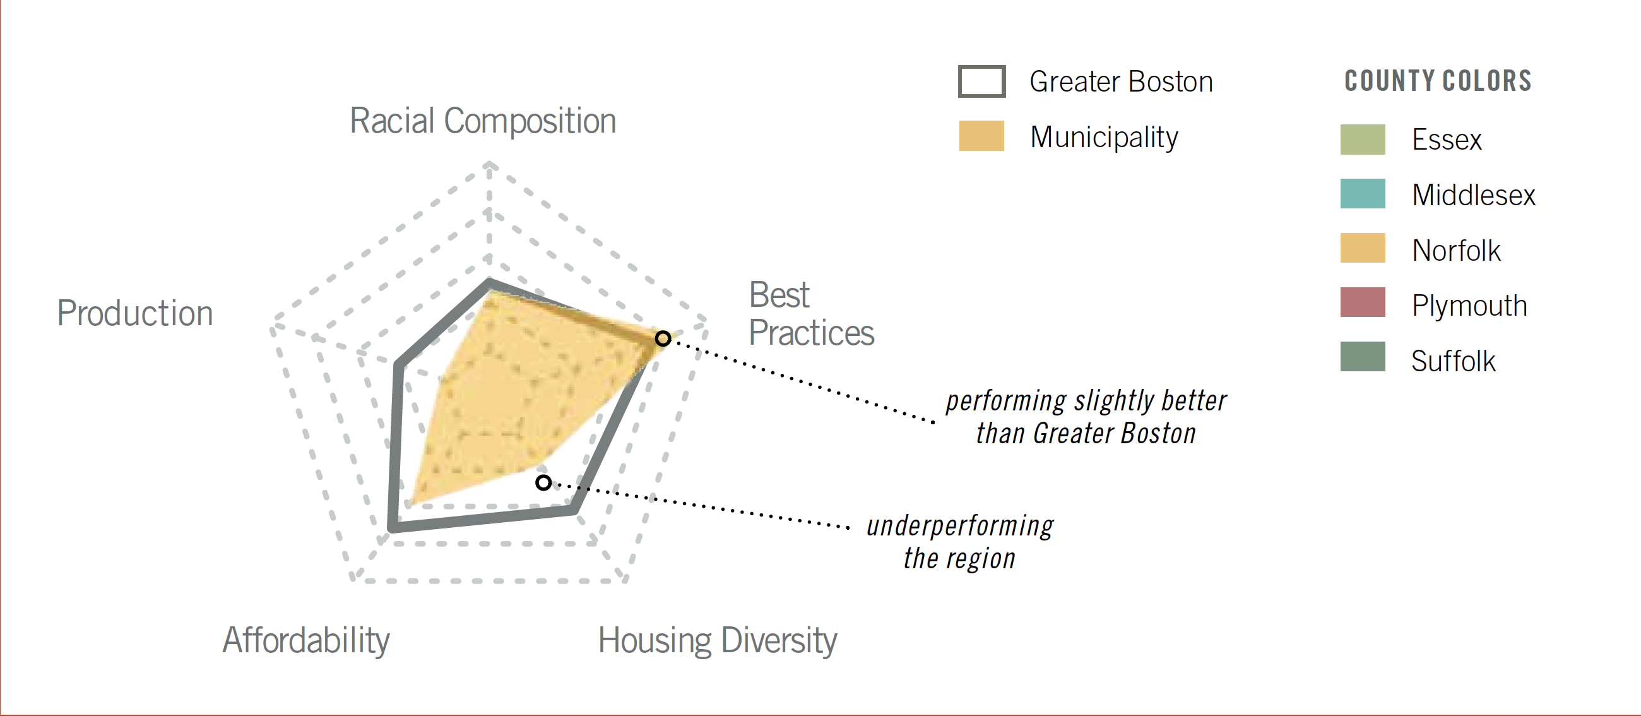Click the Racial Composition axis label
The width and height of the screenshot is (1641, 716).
(x=483, y=121)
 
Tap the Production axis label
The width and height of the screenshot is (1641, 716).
(x=135, y=313)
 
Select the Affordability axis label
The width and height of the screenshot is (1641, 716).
(x=305, y=640)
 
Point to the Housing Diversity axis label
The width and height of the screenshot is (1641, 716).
(x=717, y=640)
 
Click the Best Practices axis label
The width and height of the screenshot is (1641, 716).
(x=811, y=314)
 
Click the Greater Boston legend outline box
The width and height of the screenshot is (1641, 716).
(x=981, y=81)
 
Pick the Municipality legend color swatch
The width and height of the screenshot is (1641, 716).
(x=981, y=136)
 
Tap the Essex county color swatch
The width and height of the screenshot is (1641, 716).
(x=1363, y=140)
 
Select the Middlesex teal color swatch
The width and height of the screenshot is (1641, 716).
(x=1363, y=194)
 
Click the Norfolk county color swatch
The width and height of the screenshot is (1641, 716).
(x=1363, y=248)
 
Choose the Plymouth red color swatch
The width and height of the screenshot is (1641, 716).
(x=1363, y=302)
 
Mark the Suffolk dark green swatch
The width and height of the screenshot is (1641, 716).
(x=1363, y=357)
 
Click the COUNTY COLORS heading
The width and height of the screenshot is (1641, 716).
(x=1438, y=81)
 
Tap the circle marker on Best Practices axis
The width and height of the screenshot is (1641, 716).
(x=663, y=338)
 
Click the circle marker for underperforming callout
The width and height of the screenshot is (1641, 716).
(x=543, y=483)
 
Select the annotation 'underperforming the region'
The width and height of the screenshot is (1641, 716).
(x=959, y=542)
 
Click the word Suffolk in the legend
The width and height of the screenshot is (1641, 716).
(x=1453, y=361)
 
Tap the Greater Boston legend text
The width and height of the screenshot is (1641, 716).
(x=1121, y=81)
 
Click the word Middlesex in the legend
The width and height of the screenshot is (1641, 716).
(x=1474, y=195)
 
